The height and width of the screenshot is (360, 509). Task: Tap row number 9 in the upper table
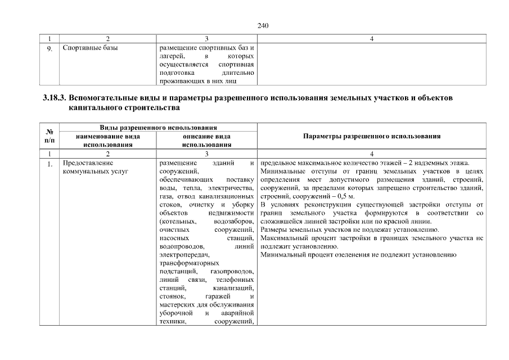click(49, 49)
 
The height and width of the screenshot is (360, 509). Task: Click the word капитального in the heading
click(95, 107)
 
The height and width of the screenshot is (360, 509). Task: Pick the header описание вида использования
click(206, 140)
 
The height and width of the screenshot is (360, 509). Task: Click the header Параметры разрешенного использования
click(371, 136)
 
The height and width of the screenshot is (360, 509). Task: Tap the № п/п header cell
click(49, 136)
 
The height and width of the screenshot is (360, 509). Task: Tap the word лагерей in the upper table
click(172, 56)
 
